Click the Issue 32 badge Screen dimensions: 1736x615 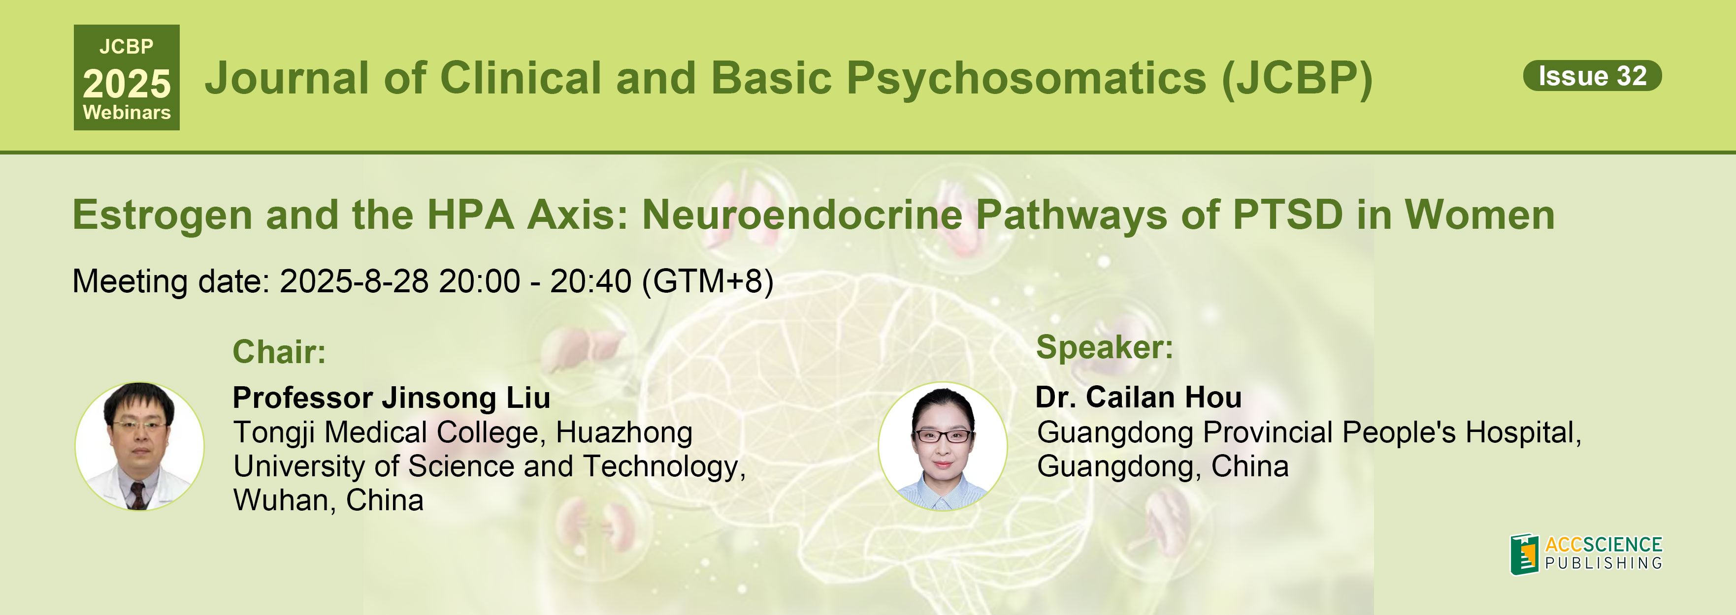click(1593, 75)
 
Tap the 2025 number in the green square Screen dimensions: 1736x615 click(127, 84)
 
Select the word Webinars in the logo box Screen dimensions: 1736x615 click(127, 113)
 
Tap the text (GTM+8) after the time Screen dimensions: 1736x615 click(708, 281)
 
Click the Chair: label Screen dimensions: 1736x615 click(279, 352)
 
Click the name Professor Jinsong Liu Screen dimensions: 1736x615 click(392, 398)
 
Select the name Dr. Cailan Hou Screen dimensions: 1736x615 click(1138, 398)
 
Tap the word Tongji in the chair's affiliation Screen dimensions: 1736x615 click(274, 433)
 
